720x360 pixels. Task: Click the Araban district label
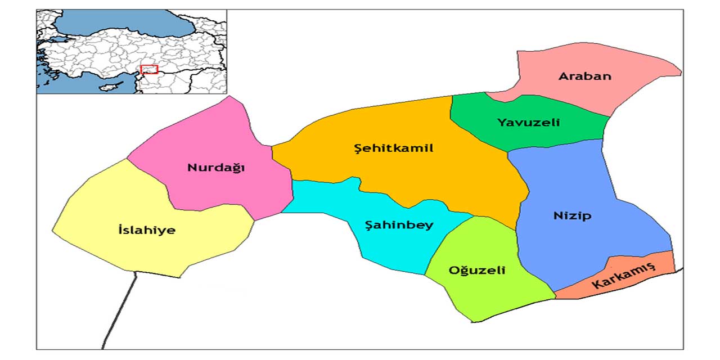point(584,76)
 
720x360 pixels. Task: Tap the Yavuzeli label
point(528,122)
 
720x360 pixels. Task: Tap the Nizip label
point(572,216)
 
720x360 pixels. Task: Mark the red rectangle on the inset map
point(149,69)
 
